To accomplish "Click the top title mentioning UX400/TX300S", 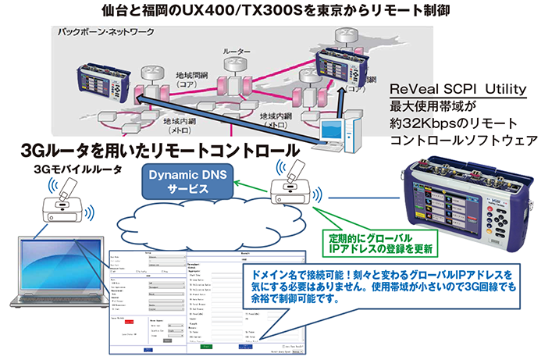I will [279, 11].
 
